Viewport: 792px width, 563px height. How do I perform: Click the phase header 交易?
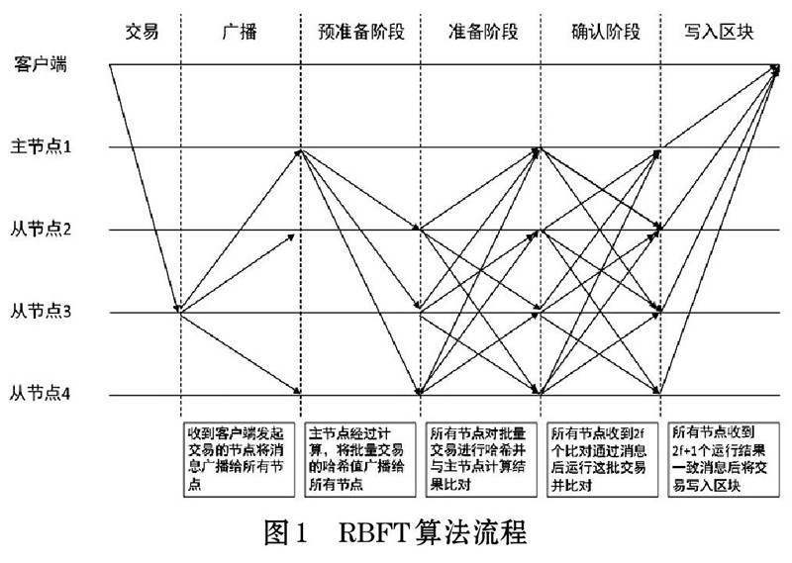point(143,31)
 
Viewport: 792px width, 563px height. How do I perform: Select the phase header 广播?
point(240,31)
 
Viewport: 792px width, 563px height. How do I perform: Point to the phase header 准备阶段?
point(478,31)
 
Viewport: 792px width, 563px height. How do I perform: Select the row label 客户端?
point(39,65)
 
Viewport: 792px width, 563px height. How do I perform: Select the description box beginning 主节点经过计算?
point(358,459)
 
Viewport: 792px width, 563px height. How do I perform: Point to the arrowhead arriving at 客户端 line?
point(779,67)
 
